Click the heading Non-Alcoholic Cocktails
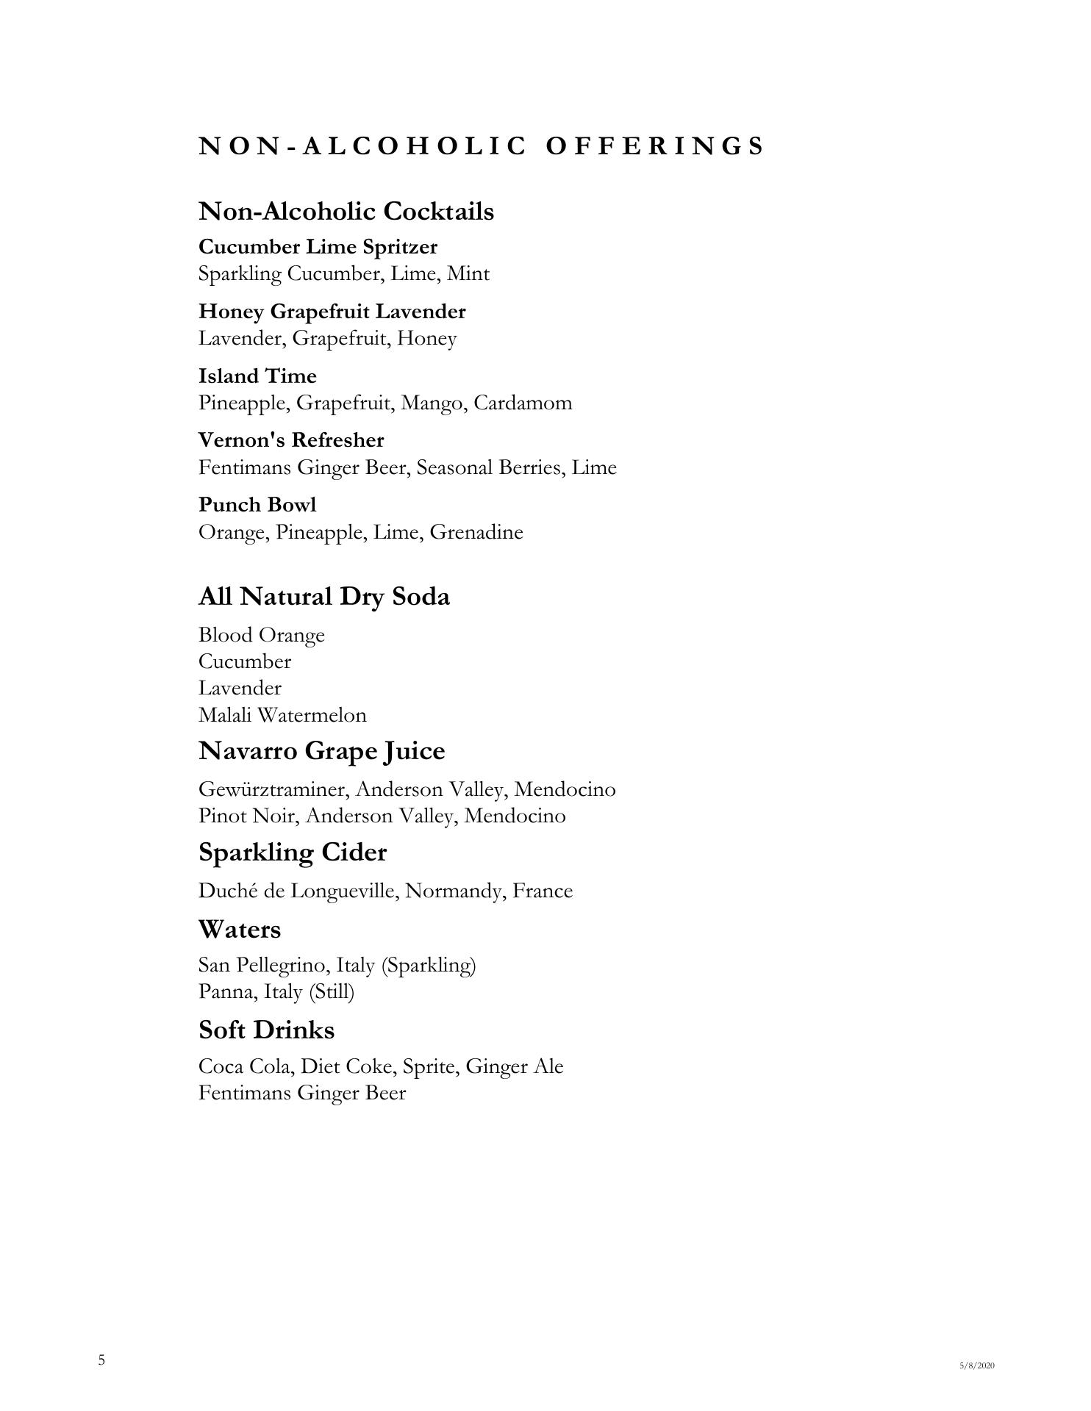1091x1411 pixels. [346, 212]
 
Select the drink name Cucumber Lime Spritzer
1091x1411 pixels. [318, 247]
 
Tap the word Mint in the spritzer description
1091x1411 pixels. [468, 274]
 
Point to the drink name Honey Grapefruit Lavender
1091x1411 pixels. [332, 312]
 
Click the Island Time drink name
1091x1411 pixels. [257, 376]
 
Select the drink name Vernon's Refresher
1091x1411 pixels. [291, 440]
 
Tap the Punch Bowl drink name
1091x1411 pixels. [257, 505]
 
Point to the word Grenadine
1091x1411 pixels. [476, 532]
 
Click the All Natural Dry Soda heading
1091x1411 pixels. [323, 597]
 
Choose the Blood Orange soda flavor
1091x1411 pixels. [261, 635]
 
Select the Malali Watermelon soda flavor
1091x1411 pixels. [282, 715]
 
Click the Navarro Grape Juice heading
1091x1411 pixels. [321, 751]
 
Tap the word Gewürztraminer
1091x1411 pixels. [276, 789]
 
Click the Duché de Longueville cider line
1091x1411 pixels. [385, 891]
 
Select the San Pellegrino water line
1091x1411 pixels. [337, 965]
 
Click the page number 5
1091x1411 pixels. [101, 1360]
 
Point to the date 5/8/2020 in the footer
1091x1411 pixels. [976, 1365]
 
